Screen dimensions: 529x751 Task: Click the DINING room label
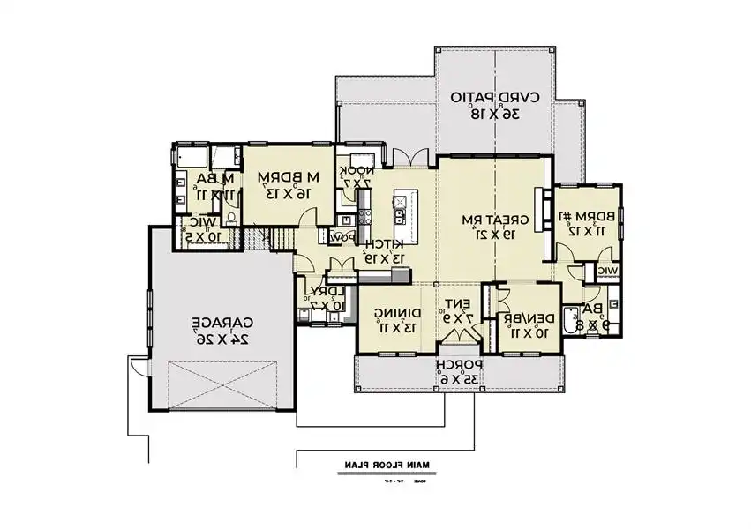(395, 313)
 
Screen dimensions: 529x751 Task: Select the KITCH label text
(386, 243)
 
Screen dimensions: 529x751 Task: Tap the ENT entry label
(459, 304)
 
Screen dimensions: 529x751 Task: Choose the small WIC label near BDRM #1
(607, 271)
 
